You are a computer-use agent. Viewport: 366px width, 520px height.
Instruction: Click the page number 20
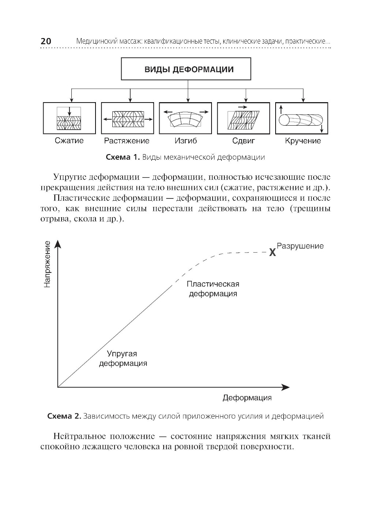pos(46,41)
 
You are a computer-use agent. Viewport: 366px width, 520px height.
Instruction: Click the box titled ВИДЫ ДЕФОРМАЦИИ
pos(186,69)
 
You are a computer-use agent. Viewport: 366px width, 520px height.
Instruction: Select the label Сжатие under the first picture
pos(69,141)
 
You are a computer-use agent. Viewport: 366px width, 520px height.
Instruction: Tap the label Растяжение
pos(127,141)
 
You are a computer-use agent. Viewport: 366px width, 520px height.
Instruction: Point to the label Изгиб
pos(186,141)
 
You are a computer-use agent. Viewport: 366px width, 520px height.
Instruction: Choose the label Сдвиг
pos(243,141)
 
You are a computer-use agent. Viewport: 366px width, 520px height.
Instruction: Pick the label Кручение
pos(303,141)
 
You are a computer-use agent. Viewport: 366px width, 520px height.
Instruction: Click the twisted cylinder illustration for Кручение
pos(301,120)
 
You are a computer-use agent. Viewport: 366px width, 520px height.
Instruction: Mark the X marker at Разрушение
pos(272,252)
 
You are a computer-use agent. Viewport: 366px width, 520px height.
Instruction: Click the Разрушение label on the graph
pos(300,246)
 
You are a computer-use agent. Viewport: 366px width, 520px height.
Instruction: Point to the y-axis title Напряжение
pos(47,264)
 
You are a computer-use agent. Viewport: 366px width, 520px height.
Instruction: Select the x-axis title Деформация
pos(247,398)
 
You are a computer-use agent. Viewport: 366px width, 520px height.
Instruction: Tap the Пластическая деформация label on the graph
pos(213,289)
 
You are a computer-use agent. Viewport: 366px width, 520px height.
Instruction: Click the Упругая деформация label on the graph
pos(123,358)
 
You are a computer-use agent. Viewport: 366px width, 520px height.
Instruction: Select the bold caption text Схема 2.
pos(64,416)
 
